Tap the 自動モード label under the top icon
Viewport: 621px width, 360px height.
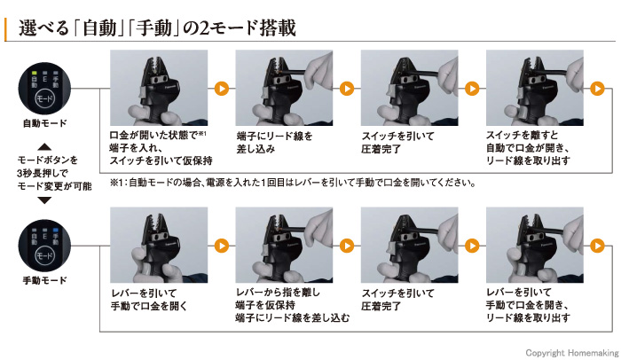click(44, 121)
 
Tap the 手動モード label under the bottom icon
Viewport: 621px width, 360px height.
click(44, 279)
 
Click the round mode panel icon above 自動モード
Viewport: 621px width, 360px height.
click(44, 88)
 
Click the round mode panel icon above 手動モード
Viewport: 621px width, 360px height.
click(44, 246)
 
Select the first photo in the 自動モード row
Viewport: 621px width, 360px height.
click(157, 89)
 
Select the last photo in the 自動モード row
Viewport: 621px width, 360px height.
click(535, 89)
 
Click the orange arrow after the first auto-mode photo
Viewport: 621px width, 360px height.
click(221, 89)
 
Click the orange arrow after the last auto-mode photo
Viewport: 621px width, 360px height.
click(598, 89)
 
